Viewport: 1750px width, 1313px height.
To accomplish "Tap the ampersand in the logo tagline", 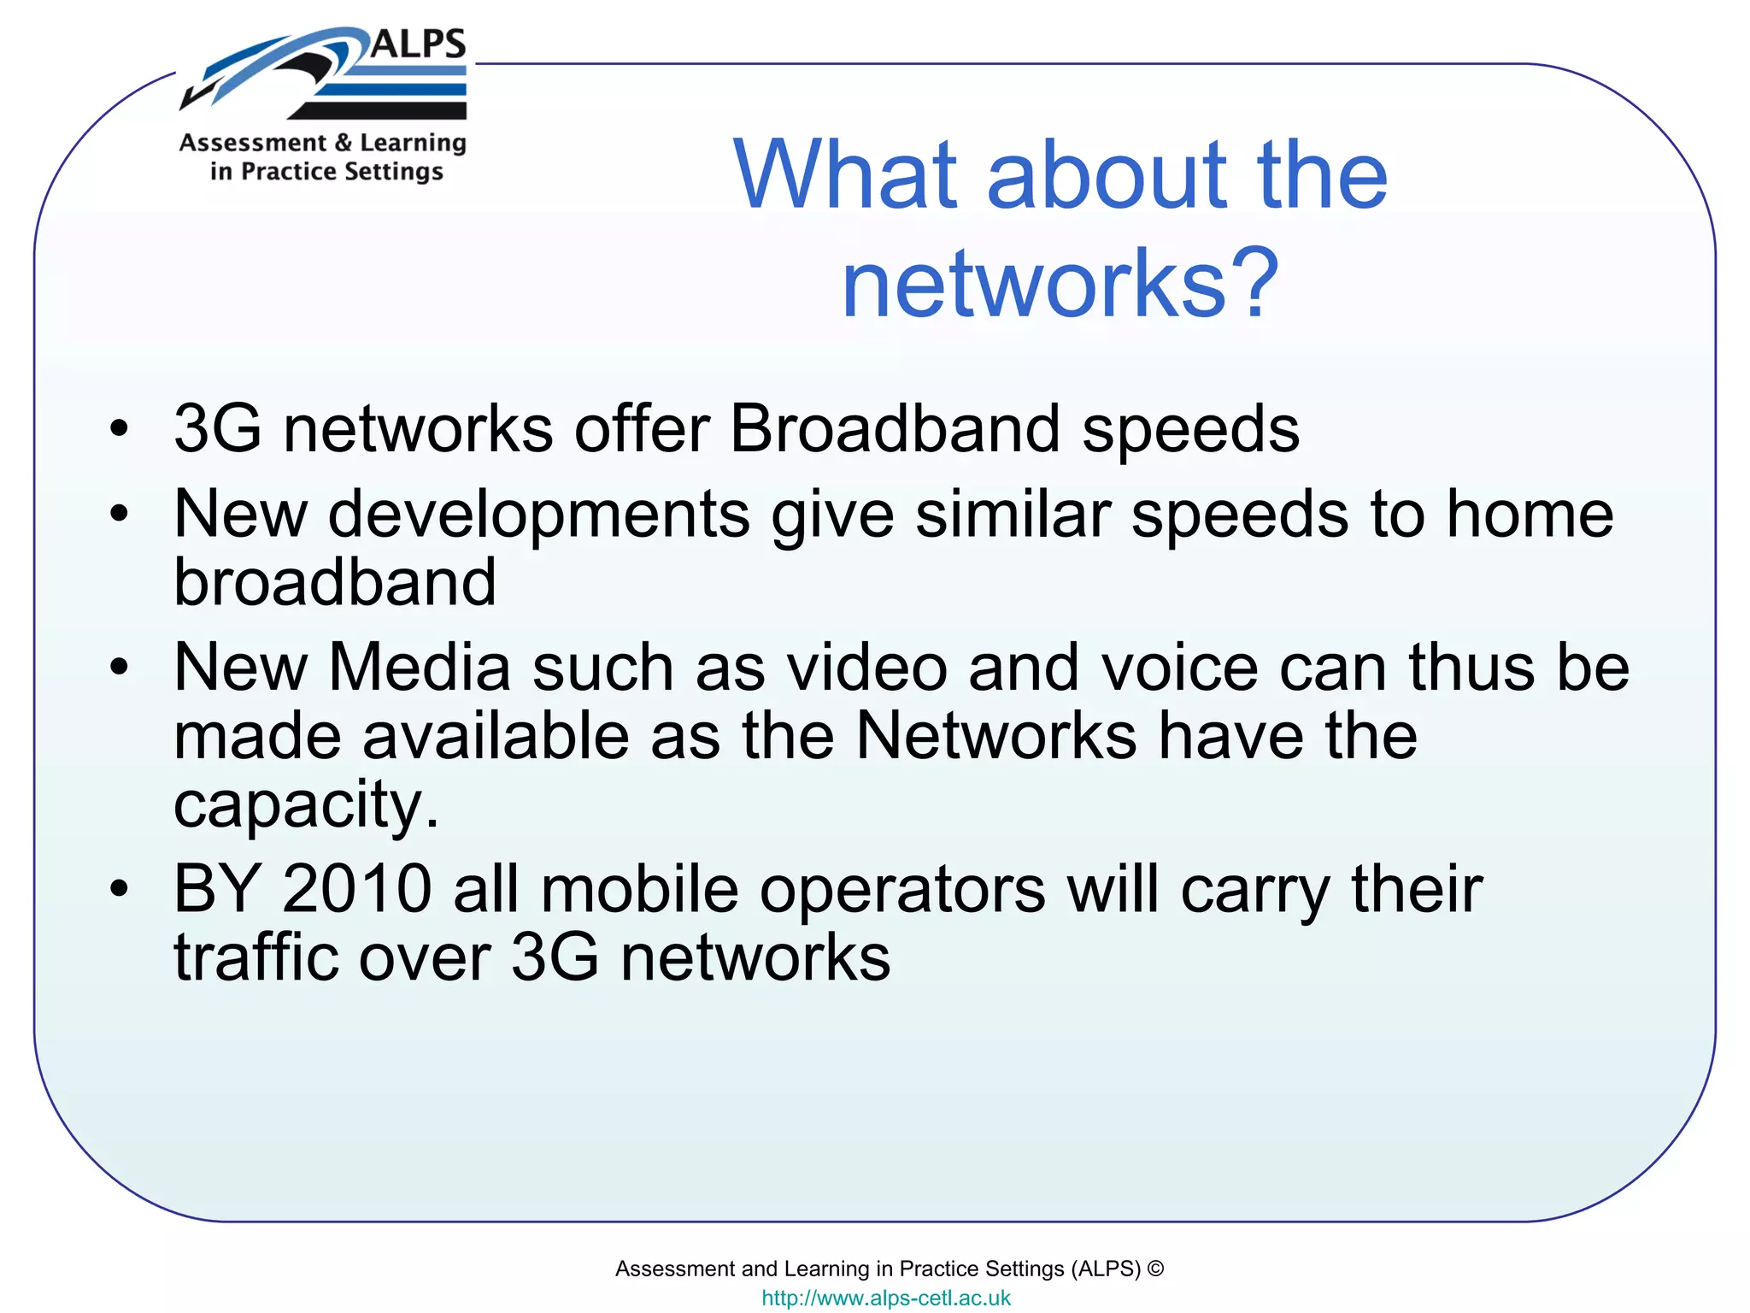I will tap(344, 143).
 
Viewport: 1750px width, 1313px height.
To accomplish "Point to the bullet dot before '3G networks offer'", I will tap(119, 427).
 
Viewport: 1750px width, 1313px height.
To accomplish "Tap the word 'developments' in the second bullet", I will tap(539, 515).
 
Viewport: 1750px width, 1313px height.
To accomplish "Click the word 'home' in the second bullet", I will tap(1530, 515).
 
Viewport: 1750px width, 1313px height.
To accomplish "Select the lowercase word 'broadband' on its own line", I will tap(335, 582).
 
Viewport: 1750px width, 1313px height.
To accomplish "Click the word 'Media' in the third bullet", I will tap(420, 668).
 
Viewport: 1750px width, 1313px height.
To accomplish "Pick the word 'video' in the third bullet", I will tap(866, 668).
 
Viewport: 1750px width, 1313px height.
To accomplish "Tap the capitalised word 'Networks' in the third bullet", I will tap(996, 736).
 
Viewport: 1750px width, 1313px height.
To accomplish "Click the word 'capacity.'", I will tap(306, 804).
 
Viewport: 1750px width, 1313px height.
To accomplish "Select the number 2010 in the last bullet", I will tap(357, 889).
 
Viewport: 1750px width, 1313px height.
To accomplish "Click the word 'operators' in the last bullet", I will tap(902, 889).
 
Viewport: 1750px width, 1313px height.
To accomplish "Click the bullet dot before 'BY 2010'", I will tap(119, 888).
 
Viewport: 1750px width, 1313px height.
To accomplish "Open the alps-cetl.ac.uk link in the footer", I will tap(886, 1298).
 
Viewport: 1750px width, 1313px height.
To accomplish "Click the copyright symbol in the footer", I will tap(1155, 1269).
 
